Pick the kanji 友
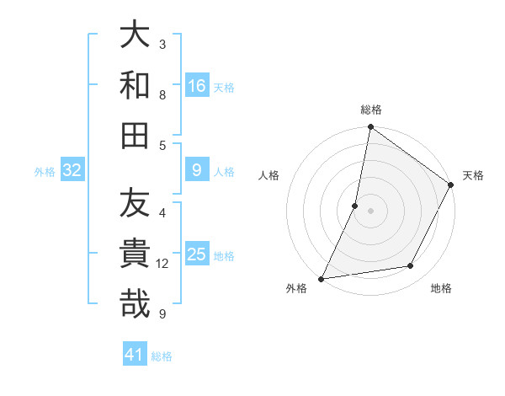[135, 204]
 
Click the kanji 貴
[135, 254]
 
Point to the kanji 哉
[135, 303]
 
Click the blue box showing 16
[197, 86]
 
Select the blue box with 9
[197, 170]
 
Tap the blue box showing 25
[197, 254]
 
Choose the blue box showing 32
[72, 170]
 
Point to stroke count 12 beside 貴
[162, 264]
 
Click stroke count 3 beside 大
[162, 44]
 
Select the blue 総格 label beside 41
[162, 356]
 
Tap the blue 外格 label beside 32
[45, 172]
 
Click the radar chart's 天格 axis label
[473, 175]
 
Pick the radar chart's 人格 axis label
[268, 175]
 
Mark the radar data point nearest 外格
[321, 278]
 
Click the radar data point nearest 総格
[370, 128]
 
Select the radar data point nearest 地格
[411, 266]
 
